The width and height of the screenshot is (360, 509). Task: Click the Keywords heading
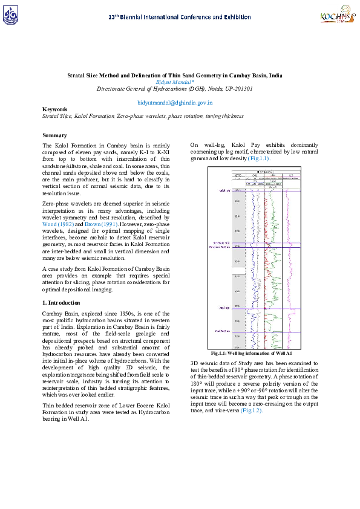pyautogui.click(x=54, y=109)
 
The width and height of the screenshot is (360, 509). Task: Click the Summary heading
pyautogui.click(x=54, y=135)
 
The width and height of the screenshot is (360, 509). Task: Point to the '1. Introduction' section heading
pyautogui.click(x=61, y=302)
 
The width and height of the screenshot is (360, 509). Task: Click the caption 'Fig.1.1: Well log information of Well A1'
pyautogui.click(x=251, y=353)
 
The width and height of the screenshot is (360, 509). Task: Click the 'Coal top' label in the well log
pyautogui.click(x=224, y=308)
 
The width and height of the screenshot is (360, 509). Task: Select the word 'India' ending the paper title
pyautogui.click(x=275, y=76)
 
